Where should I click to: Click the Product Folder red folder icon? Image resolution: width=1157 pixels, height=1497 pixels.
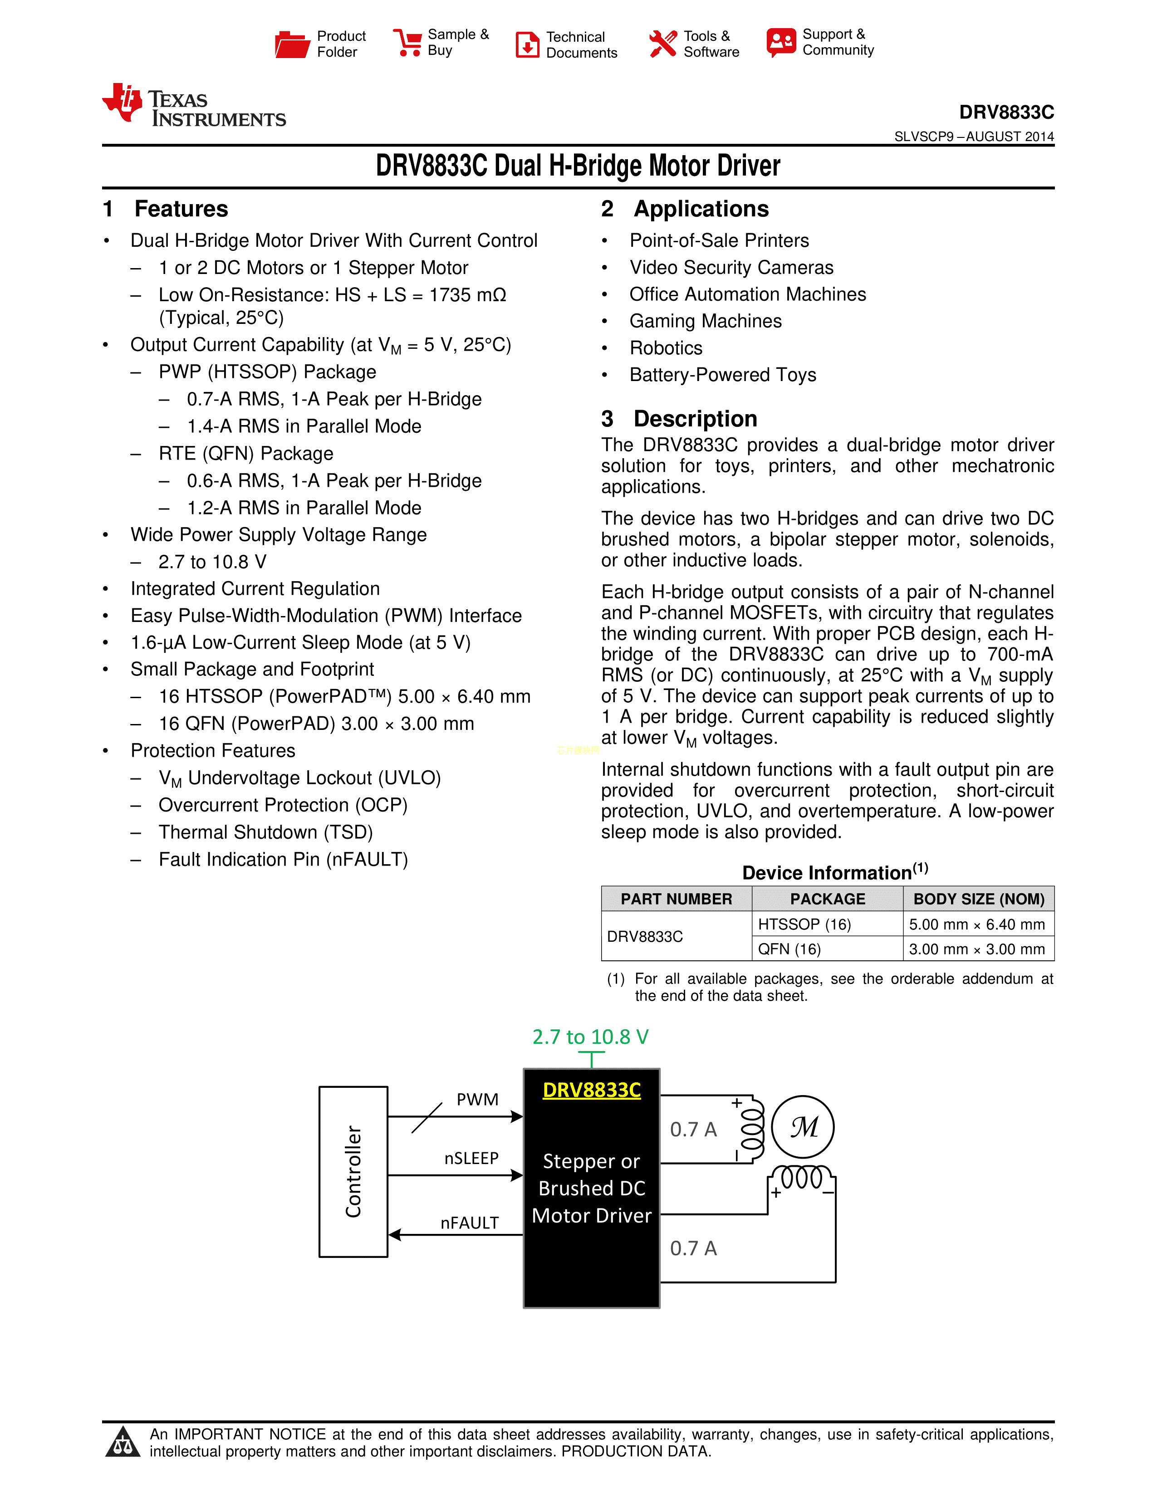click(x=292, y=44)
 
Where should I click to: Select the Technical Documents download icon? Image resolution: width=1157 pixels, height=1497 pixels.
click(x=527, y=44)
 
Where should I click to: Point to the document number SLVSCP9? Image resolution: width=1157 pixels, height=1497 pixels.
click(x=923, y=137)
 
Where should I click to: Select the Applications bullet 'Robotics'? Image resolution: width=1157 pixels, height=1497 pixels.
click(x=666, y=348)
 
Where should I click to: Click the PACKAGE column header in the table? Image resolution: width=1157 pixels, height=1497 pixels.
click(x=827, y=899)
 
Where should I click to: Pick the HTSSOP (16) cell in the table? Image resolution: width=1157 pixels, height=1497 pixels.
click(x=804, y=925)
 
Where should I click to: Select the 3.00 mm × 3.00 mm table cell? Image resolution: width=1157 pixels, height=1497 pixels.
click(x=977, y=949)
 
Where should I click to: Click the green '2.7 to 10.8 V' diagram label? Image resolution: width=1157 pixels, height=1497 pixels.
click(x=590, y=1037)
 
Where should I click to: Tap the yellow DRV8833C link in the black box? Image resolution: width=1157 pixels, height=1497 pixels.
click(x=592, y=1090)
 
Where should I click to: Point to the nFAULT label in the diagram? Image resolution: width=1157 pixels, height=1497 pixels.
click(x=470, y=1223)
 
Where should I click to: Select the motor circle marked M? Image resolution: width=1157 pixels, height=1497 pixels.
click(x=803, y=1127)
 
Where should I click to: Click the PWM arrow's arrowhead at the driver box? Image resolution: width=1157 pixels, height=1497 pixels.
click(x=518, y=1116)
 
